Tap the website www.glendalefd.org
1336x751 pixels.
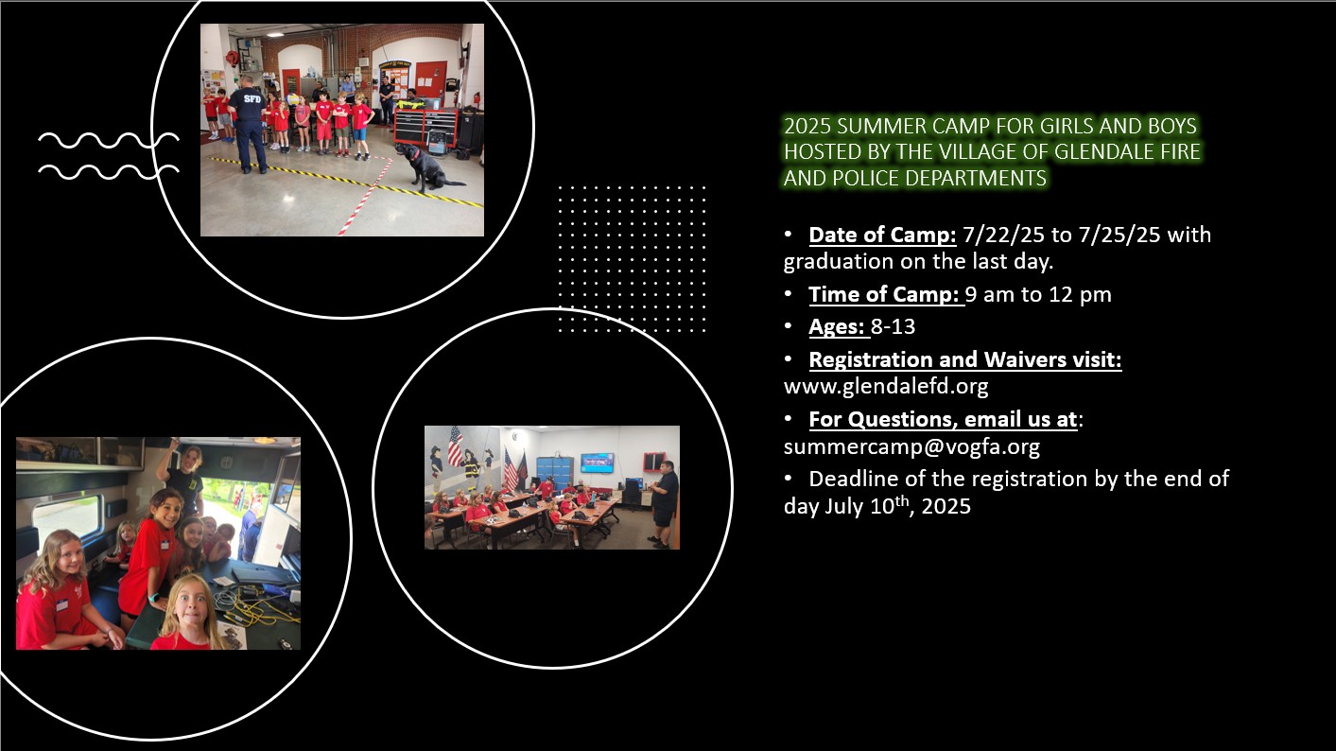[x=886, y=386]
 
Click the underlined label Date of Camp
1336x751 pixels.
[x=883, y=235]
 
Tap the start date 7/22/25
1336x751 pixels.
[x=1004, y=235]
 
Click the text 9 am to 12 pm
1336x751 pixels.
[x=1038, y=294]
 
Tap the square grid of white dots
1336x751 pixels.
[x=632, y=258]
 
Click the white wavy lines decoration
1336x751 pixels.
[x=108, y=155]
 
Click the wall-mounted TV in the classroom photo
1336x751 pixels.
[x=597, y=463]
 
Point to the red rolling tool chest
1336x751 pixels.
[x=425, y=129]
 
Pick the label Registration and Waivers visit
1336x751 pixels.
[x=965, y=359]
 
